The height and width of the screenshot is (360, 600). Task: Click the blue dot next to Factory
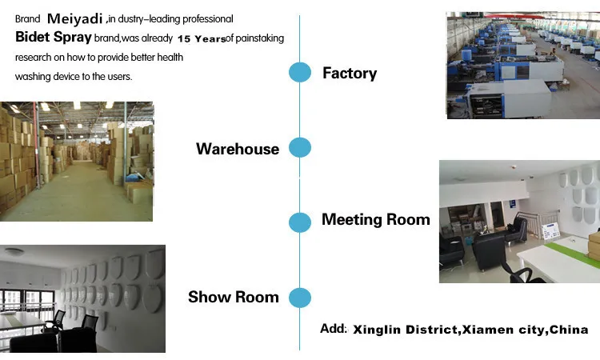tap(299, 72)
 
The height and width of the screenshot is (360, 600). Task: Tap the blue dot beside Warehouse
tap(299, 147)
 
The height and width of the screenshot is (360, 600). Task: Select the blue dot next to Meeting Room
tap(299, 222)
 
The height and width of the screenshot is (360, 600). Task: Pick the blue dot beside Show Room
tap(299, 298)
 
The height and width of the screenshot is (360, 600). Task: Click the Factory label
tap(349, 74)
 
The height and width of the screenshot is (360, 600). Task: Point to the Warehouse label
tap(238, 149)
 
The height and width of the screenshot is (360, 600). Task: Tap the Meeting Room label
tap(375, 219)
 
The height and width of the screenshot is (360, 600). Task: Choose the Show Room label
tap(234, 297)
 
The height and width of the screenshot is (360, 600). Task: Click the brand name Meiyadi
tap(74, 17)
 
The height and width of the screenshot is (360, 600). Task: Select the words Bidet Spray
tap(54, 37)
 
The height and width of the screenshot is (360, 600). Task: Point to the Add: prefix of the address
tap(334, 330)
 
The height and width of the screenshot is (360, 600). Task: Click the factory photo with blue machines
tap(522, 65)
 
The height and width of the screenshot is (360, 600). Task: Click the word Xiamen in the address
tap(481, 330)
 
